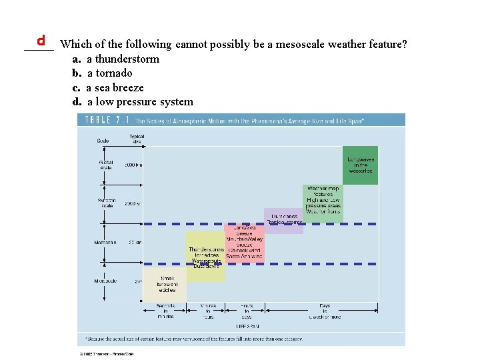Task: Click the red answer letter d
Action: [x=41, y=40]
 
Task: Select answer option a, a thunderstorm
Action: [x=117, y=59]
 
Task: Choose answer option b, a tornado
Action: [x=103, y=73]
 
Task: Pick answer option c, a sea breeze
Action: [x=109, y=87]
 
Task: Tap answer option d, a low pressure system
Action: [x=133, y=102]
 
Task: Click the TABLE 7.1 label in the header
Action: [x=105, y=121]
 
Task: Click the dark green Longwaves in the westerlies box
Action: [x=361, y=165]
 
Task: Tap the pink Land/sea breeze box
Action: [x=245, y=242]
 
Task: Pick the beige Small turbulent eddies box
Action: [x=167, y=284]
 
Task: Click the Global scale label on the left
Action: [x=106, y=165]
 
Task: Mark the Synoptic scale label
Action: [x=108, y=203]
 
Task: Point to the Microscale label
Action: [x=106, y=281]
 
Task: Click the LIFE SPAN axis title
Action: [x=247, y=326]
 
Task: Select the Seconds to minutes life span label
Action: [x=165, y=311]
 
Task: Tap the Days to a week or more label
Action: [x=325, y=311]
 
